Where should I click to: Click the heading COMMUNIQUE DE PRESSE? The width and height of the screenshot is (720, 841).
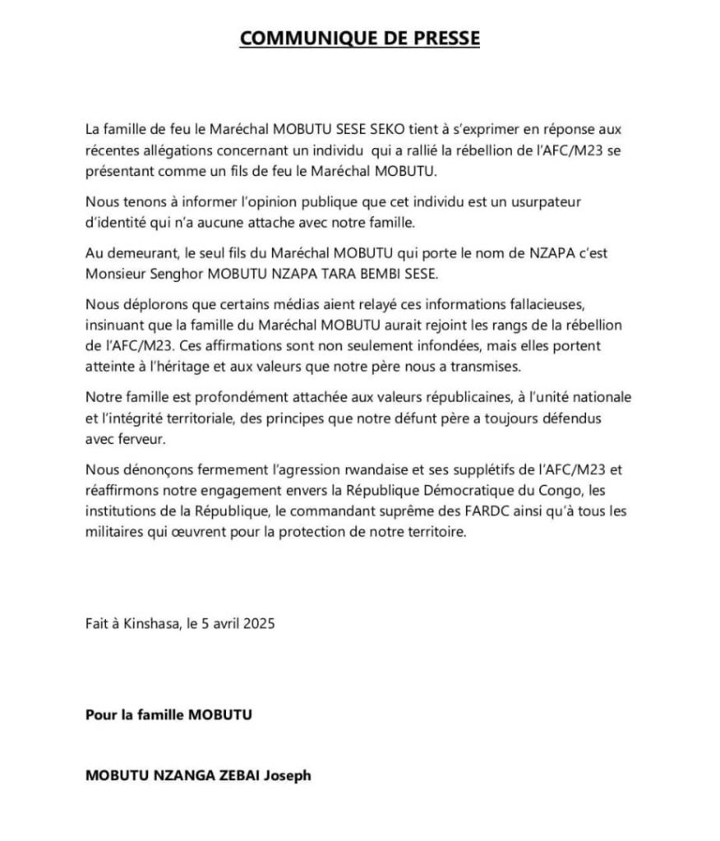[359, 39]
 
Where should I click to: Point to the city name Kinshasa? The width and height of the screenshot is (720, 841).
[145, 623]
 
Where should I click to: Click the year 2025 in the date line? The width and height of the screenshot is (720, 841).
[257, 623]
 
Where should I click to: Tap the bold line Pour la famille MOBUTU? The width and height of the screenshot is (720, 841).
[168, 714]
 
